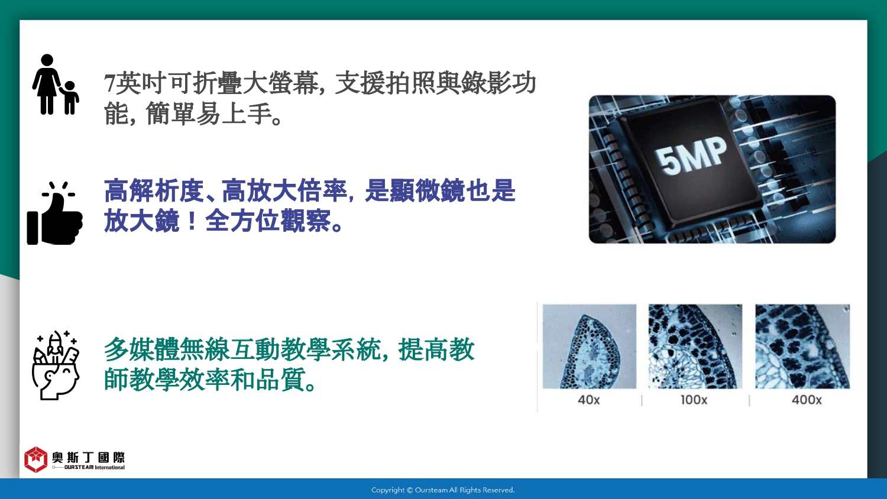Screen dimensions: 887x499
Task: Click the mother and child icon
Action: pos(56,85)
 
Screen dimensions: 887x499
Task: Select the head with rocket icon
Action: pos(56,365)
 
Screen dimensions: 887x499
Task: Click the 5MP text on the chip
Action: pos(691,156)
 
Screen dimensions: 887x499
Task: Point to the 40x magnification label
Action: pos(588,400)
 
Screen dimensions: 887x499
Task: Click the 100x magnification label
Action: pos(694,400)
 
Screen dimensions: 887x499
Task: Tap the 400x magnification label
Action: pos(807,400)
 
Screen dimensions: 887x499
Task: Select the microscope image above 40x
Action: pos(589,346)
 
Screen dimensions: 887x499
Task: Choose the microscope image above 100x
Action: pos(695,346)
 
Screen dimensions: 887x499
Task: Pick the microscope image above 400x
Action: pos(802,346)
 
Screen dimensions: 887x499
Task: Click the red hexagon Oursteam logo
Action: pos(35,459)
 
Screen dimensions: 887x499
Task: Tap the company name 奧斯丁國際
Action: pos(88,458)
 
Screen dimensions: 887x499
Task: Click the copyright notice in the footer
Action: pos(443,490)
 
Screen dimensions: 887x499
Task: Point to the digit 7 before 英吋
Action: pos(109,83)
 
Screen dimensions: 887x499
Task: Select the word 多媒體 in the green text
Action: pos(141,349)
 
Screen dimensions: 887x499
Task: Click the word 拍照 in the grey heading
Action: pos(410,83)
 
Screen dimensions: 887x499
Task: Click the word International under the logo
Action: pos(109,467)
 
